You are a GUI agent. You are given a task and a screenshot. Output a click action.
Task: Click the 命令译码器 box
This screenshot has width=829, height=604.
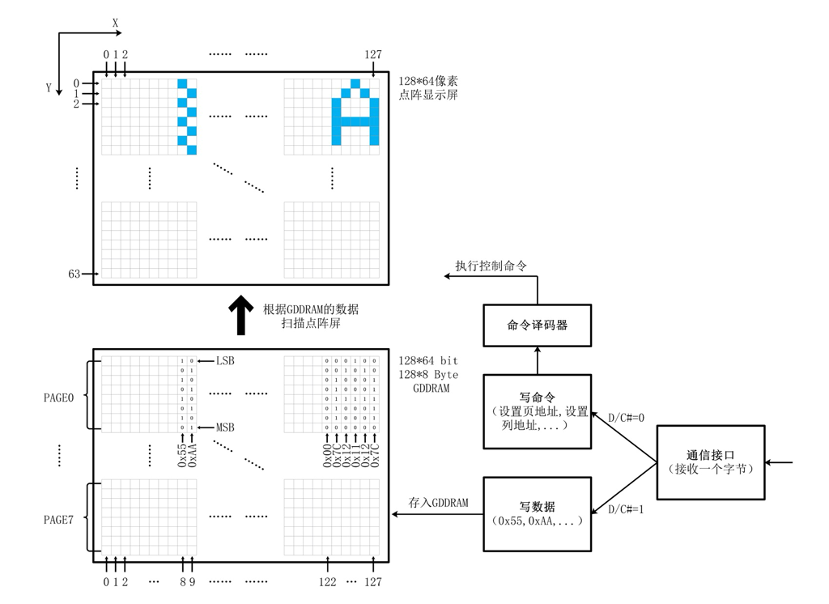(x=537, y=325)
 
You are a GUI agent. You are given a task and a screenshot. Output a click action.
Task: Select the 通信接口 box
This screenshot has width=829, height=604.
(x=710, y=462)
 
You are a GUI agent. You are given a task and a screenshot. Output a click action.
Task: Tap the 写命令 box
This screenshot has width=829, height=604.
(x=537, y=411)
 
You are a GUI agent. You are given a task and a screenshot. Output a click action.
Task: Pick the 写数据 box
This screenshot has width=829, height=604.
(x=537, y=514)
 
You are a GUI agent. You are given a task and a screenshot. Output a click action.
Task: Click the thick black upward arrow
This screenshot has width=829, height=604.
(x=240, y=315)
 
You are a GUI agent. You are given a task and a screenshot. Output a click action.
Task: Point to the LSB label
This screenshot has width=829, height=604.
(x=225, y=360)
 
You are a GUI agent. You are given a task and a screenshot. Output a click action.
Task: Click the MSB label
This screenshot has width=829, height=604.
(x=225, y=427)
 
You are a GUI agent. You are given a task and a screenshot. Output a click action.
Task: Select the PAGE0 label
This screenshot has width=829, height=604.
(x=58, y=398)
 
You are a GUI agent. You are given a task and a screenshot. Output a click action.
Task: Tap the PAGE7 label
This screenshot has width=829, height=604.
(x=58, y=520)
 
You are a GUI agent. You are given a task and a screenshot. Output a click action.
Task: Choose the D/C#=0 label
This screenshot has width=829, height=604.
(x=626, y=418)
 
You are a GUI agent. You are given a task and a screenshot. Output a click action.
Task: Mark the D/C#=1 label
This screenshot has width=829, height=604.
(x=626, y=508)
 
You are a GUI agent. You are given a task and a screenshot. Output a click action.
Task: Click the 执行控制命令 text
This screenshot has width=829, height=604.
(x=491, y=266)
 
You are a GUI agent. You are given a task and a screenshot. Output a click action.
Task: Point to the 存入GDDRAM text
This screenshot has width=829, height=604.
(x=439, y=503)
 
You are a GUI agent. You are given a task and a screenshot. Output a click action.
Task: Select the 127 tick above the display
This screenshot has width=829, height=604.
(x=372, y=55)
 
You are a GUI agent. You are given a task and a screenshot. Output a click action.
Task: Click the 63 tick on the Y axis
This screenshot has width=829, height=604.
(x=74, y=274)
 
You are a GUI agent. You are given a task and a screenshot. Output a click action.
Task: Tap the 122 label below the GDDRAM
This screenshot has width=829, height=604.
(x=327, y=581)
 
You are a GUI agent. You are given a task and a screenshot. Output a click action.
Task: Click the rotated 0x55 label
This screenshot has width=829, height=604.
(x=182, y=454)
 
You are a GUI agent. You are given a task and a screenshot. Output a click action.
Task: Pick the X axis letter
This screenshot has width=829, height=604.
(x=116, y=23)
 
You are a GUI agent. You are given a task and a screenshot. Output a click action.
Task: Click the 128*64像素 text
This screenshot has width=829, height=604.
(x=428, y=81)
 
